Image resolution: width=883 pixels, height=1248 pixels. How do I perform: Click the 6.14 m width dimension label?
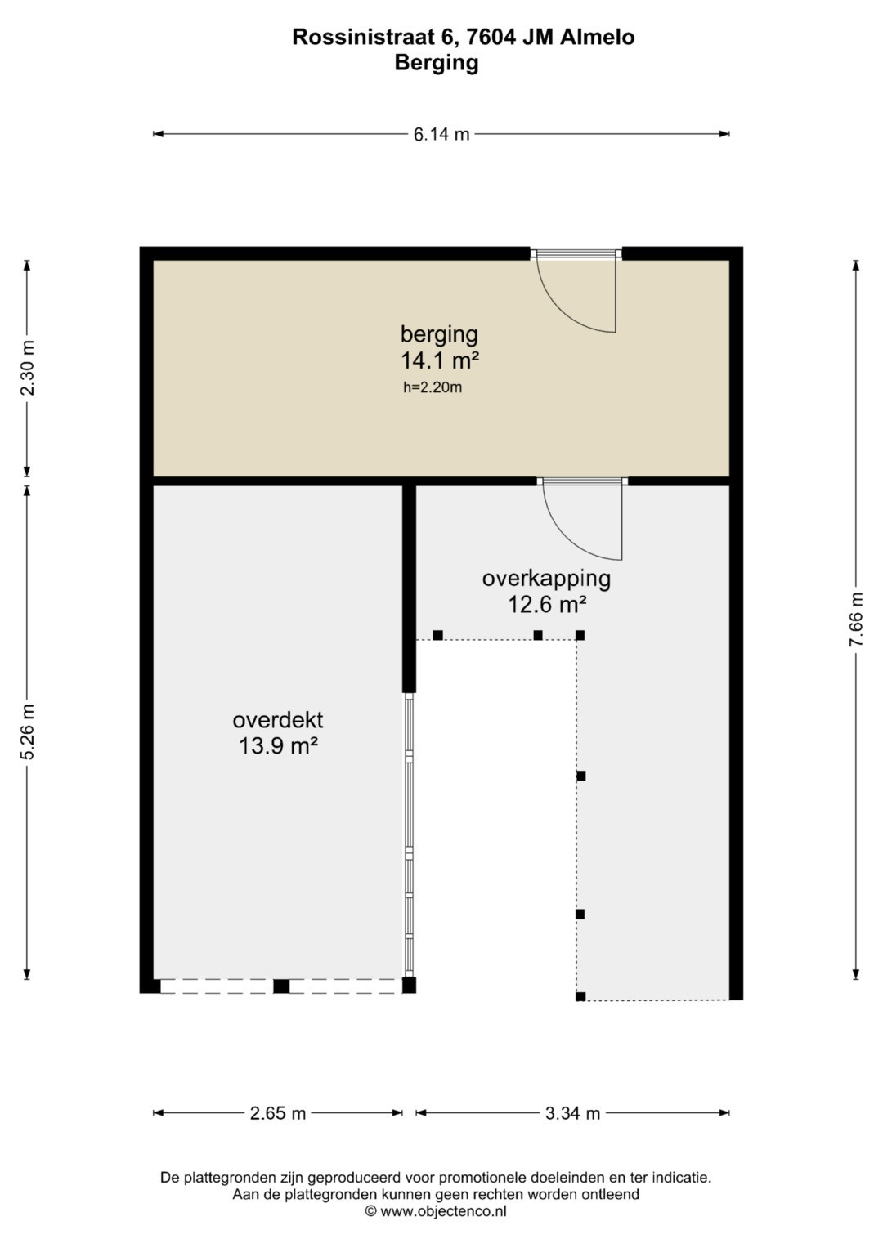441,134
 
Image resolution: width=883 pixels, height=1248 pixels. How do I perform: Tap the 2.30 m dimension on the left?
28,368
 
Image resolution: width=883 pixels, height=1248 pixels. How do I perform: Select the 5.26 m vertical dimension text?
28,731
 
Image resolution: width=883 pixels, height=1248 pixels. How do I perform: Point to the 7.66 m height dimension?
856,619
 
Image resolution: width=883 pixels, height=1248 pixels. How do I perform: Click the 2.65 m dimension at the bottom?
278,1113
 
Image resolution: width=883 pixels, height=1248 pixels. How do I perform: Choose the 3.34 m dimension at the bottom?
572,1113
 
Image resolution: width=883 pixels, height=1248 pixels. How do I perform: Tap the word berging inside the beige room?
439,335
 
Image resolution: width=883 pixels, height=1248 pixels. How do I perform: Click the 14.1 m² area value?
440,360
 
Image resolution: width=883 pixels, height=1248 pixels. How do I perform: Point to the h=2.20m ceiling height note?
433,387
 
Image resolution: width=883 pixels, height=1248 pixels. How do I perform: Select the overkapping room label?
546,579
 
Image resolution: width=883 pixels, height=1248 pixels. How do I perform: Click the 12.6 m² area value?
547,605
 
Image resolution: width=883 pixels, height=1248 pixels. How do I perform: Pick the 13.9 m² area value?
278,745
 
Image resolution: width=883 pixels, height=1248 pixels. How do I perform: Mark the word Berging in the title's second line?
437,64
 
